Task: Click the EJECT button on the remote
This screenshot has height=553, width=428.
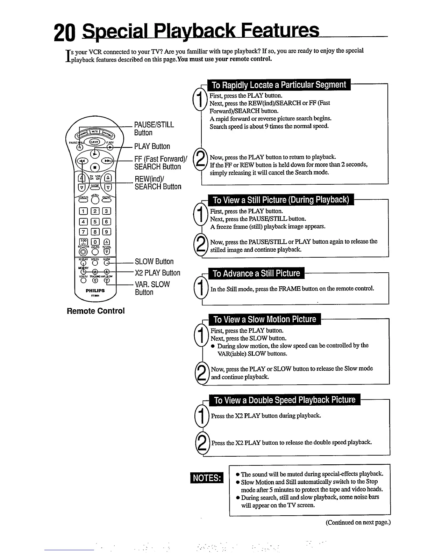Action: pos(94,142)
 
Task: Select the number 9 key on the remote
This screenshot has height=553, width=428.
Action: pos(107,231)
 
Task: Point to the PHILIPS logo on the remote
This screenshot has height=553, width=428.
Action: pos(95,290)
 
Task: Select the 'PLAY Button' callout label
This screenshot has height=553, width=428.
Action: pos(152,146)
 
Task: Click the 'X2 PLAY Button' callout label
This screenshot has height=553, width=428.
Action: pos(157,273)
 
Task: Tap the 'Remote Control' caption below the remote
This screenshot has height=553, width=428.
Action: pos(95,311)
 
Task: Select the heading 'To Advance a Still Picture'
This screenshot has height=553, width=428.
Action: pos(256,273)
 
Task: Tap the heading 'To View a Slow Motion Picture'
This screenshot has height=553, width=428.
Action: pos(264,319)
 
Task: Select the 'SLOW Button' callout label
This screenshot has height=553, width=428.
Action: pos(154,261)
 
